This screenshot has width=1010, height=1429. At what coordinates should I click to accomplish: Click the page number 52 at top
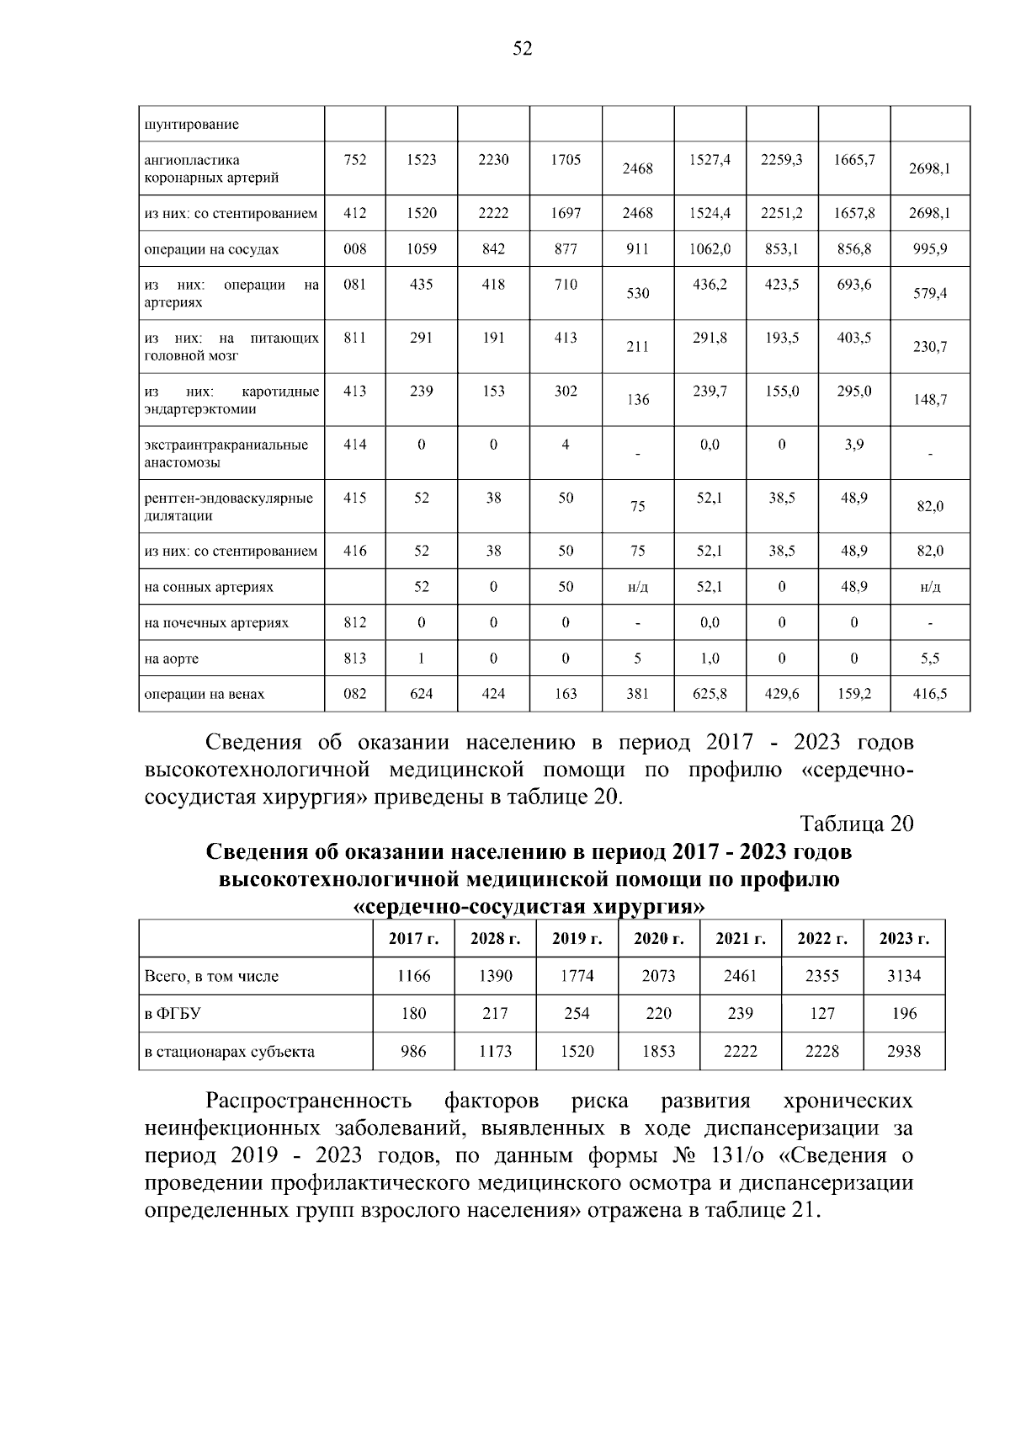522,50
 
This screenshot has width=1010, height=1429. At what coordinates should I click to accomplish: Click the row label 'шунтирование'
192,125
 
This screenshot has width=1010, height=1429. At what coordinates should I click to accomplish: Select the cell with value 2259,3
781,160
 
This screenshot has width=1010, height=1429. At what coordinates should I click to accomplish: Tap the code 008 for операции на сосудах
355,249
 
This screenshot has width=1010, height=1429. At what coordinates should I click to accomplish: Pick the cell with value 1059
421,249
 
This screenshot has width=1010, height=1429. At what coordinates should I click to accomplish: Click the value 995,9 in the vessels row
929,249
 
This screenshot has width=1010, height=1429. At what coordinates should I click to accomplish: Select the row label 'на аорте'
172,659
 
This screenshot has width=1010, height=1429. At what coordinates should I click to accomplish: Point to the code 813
355,659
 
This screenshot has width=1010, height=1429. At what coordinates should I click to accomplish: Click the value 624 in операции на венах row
421,694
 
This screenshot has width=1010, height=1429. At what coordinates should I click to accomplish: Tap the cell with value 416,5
929,694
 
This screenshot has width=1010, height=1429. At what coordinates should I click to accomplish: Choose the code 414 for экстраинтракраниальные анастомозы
355,445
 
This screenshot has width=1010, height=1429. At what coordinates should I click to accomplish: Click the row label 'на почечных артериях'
216,623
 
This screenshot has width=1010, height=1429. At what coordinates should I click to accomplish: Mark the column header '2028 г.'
495,939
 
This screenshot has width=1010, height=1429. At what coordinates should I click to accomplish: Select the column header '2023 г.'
904,939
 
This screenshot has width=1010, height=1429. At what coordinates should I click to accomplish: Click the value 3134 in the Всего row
904,976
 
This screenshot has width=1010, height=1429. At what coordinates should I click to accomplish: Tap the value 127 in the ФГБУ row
822,1013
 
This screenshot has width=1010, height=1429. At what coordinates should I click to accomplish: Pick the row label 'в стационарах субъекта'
230,1051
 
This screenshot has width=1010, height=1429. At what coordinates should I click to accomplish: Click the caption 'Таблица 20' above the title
856,824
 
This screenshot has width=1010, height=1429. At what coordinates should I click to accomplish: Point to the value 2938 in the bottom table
904,1051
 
